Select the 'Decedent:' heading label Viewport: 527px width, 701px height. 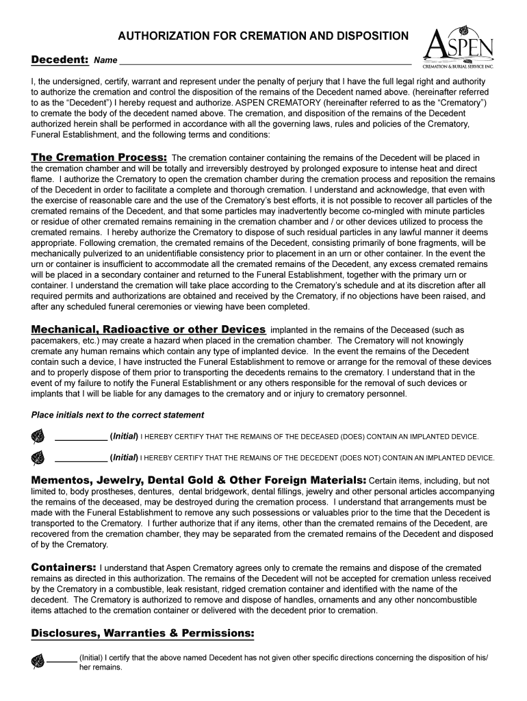pyautogui.click(x=60, y=60)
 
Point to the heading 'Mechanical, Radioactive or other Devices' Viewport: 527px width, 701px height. pyautogui.click(x=149, y=329)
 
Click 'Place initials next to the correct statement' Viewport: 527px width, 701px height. pyautogui.click(x=118, y=415)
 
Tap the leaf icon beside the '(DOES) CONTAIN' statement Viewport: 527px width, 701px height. pyautogui.click(x=38, y=437)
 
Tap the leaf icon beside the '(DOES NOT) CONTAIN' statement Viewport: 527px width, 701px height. pyautogui.click(x=38, y=457)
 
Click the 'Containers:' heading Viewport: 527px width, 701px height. pyautogui.click(x=64, y=568)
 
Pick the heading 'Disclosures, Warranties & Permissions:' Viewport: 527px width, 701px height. pyautogui.click(x=142, y=633)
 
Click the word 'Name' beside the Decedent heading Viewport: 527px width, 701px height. pyautogui.click(x=105, y=61)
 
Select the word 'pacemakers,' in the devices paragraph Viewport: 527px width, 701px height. pyautogui.click(x=55, y=341)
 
